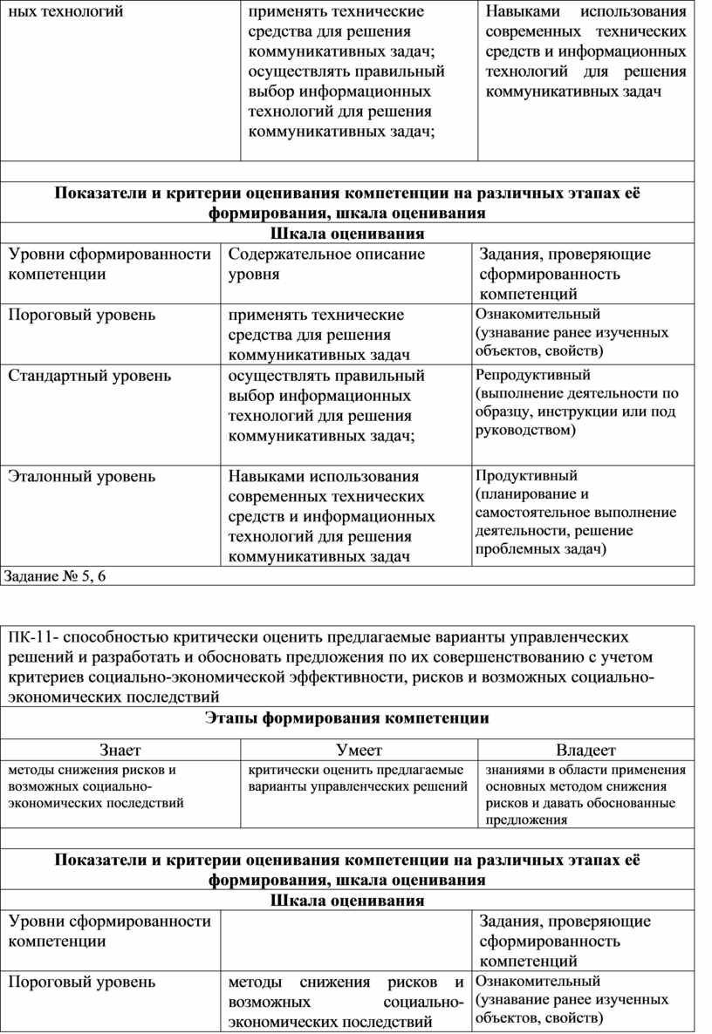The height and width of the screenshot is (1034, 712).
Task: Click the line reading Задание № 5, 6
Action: click(60, 575)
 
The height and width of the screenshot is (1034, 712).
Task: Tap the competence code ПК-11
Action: click(30, 637)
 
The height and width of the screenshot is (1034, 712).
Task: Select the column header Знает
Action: click(120, 750)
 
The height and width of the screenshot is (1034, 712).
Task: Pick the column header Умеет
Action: click(359, 750)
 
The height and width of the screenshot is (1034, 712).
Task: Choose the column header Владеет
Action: click(585, 750)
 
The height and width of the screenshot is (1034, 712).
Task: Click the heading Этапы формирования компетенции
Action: click(347, 718)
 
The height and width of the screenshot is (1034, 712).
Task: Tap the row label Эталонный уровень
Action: click(82, 476)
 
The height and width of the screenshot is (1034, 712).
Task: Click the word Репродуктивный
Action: click(533, 375)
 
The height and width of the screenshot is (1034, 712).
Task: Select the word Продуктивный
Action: click(526, 475)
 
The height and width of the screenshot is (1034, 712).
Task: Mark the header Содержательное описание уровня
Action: click(326, 263)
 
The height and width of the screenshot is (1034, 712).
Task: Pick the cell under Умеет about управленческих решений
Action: click(358, 779)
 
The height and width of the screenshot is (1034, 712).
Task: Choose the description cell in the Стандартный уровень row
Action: click(326, 405)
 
